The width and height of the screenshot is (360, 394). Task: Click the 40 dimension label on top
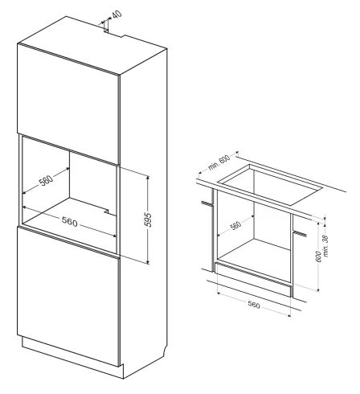[x=117, y=14]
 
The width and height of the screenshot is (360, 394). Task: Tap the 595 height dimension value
[x=148, y=220]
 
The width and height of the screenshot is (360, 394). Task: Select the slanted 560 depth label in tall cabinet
[x=47, y=180]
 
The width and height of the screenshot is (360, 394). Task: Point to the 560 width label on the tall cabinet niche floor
[x=69, y=221]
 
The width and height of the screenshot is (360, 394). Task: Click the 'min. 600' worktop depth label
[x=219, y=162]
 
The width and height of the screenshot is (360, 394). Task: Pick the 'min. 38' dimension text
[x=325, y=246]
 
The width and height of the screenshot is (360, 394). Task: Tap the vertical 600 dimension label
[x=318, y=257]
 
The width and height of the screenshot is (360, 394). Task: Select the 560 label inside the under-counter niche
[x=235, y=226]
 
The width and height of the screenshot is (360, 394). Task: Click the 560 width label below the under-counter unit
[x=254, y=305]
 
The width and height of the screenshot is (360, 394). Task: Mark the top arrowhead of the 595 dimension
[x=147, y=178]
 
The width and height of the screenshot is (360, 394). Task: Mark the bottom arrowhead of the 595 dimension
[x=147, y=261]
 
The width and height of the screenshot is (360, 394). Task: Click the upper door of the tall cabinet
[x=68, y=103]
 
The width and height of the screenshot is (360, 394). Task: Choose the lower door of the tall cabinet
[x=68, y=295]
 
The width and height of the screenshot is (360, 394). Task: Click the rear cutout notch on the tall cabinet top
[x=114, y=33]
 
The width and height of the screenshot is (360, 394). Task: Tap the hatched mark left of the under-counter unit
[x=207, y=203]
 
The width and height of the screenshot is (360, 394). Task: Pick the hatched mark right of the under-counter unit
[x=300, y=234]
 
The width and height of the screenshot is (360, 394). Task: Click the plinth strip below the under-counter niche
[x=253, y=279]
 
